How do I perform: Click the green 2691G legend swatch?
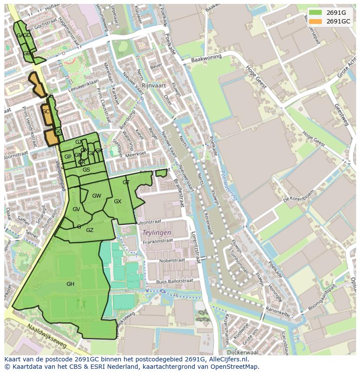pyautogui.click(x=316, y=13)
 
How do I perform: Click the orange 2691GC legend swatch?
pyautogui.click(x=316, y=21)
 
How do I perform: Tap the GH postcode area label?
pyautogui.click(x=70, y=284)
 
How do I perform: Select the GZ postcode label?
pyautogui.click(x=90, y=230)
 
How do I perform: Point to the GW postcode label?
pyautogui.click(x=97, y=196)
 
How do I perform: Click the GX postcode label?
pyautogui.click(x=117, y=202)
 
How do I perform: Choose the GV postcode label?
pyautogui.click(x=76, y=209)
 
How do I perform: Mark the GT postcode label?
pyautogui.click(x=126, y=182)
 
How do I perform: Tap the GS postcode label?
pyautogui.click(x=86, y=170)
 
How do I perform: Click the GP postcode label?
pyautogui.click(x=68, y=157)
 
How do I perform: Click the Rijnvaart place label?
pyautogui.click(x=154, y=86)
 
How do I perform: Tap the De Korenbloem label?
pyautogui.click(x=298, y=198)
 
